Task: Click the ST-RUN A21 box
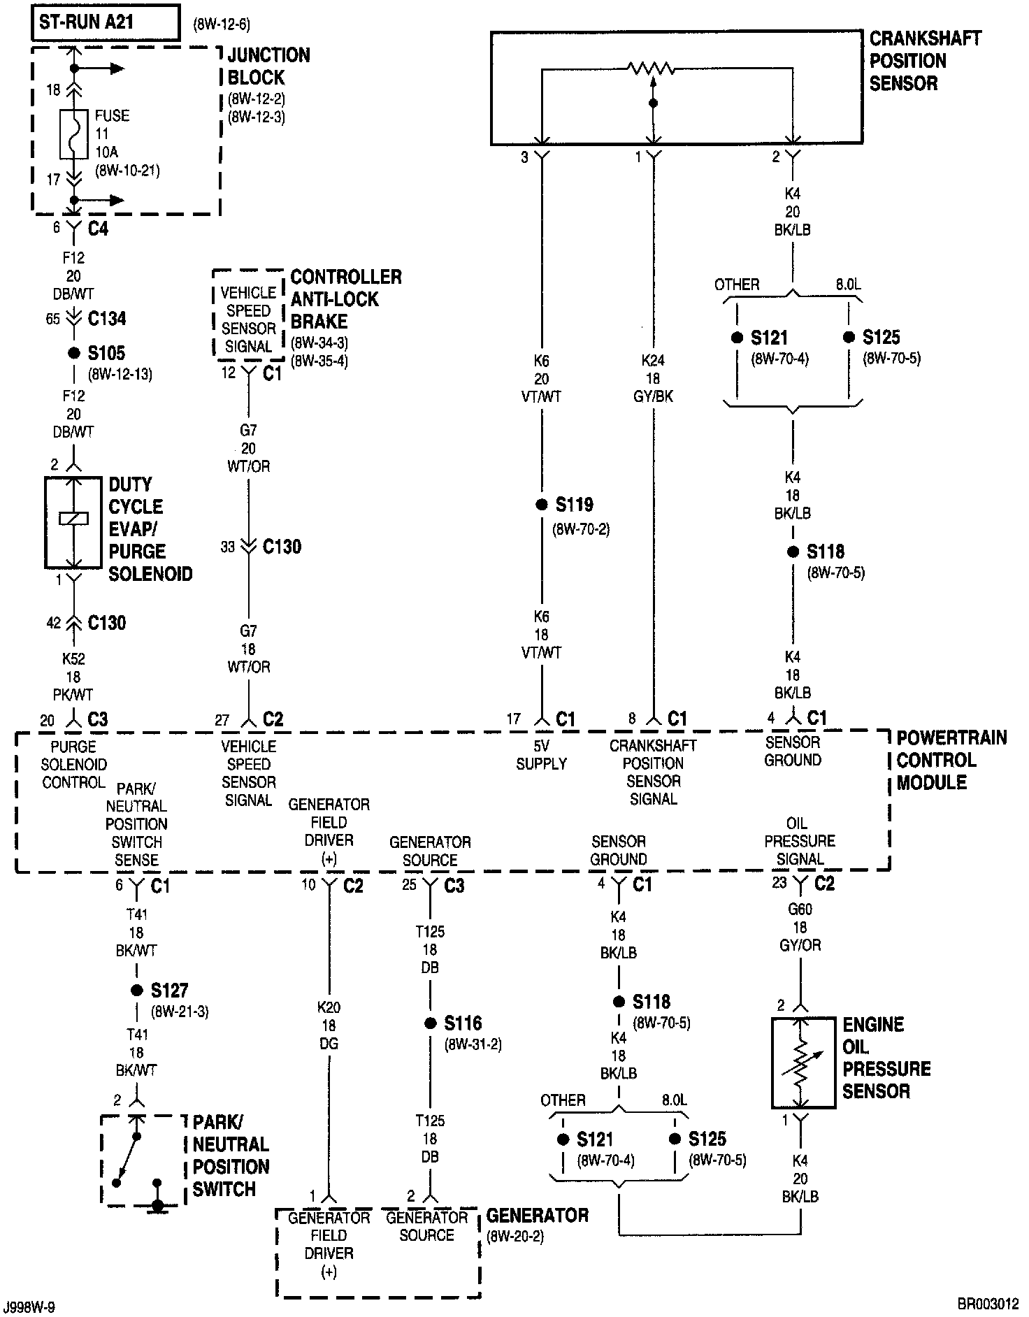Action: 105,22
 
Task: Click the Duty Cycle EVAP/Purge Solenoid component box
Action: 73,523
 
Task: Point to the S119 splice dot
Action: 541,505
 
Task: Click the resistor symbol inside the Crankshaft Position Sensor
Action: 652,69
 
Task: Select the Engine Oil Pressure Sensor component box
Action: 803,1063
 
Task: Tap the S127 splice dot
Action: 136,991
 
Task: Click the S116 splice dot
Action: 430,1024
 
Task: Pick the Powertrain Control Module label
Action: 951,760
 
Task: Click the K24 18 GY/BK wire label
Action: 653,378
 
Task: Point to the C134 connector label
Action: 106,319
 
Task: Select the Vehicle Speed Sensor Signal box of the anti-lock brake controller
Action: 248,319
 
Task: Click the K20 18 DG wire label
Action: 329,1025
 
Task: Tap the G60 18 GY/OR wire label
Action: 800,928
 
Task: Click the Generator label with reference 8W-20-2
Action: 537,1216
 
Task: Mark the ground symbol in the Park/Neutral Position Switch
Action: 158,1205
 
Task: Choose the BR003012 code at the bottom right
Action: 988,1304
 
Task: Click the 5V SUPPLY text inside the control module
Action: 541,755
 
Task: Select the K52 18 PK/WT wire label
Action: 73,677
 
